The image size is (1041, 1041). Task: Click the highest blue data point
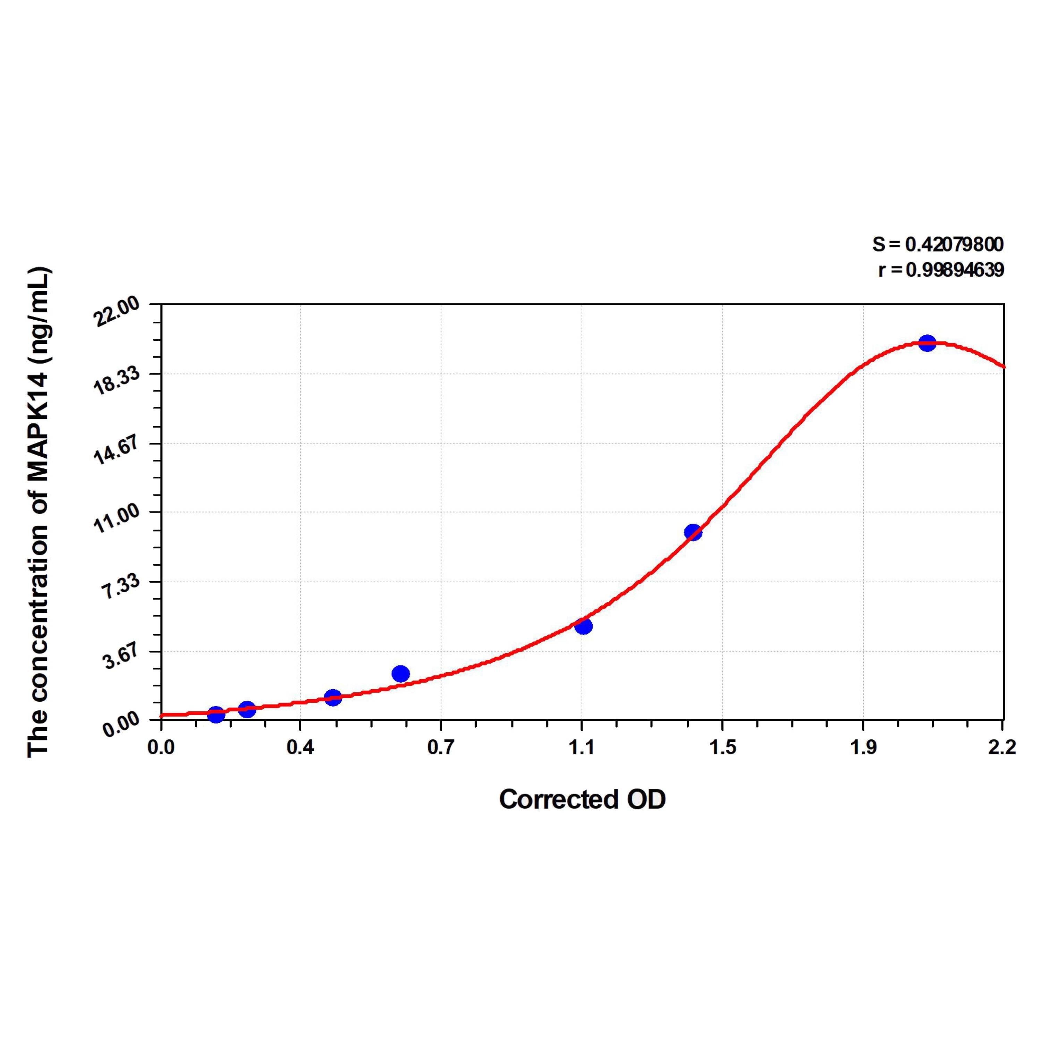click(927, 343)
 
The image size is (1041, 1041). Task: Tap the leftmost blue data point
click(215, 715)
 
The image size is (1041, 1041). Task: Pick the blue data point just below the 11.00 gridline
click(693, 532)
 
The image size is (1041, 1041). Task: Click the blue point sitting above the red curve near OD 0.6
click(401, 674)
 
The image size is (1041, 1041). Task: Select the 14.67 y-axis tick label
click(117, 450)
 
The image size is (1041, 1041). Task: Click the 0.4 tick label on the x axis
click(300, 748)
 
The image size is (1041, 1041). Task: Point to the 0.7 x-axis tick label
click(441, 748)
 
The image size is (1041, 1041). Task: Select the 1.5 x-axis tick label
click(722, 748)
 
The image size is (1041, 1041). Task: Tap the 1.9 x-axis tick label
click(863, 748)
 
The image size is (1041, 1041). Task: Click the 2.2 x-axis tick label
click(1002, 748)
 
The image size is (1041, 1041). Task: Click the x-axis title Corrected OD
click(583, 799)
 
